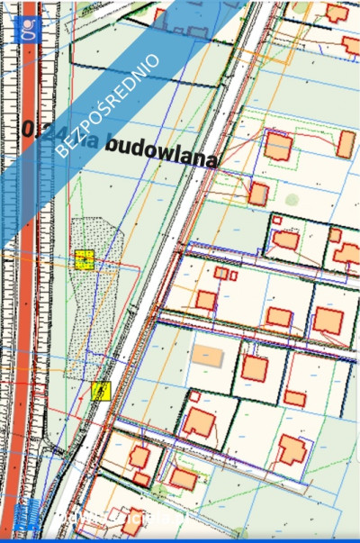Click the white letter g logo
pos(31,29)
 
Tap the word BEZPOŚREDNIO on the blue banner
pos(108,105)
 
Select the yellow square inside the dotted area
pos(85,260)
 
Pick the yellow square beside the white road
pos(101,390)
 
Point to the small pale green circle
pos(292,200)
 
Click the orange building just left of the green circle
pos(258,194)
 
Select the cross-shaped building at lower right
pos(292,448)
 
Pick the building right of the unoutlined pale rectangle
pos(255,368)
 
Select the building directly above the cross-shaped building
pos(295,397)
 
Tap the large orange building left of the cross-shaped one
pos(199,421)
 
